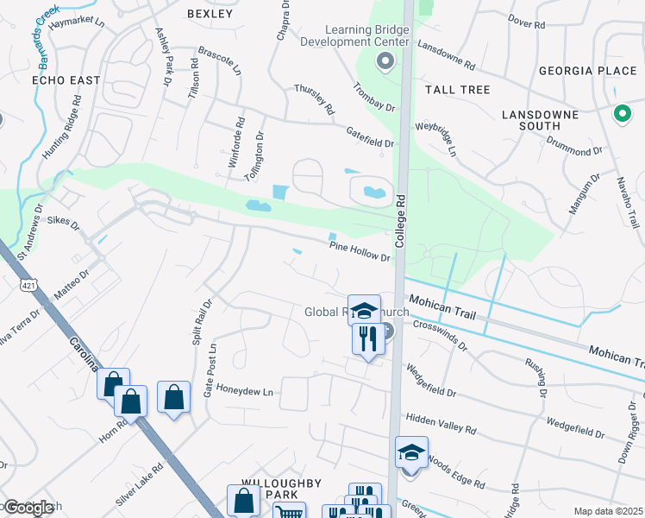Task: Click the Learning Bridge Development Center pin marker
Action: point(385,61)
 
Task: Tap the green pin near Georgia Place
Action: point(621,113)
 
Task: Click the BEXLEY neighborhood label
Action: point(210,14)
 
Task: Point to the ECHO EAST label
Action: point(66,80)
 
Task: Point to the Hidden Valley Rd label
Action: point(441,423)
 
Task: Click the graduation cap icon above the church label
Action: point(364,310)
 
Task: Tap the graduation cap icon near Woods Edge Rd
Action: point(411,452)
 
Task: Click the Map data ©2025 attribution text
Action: point(608,511)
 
